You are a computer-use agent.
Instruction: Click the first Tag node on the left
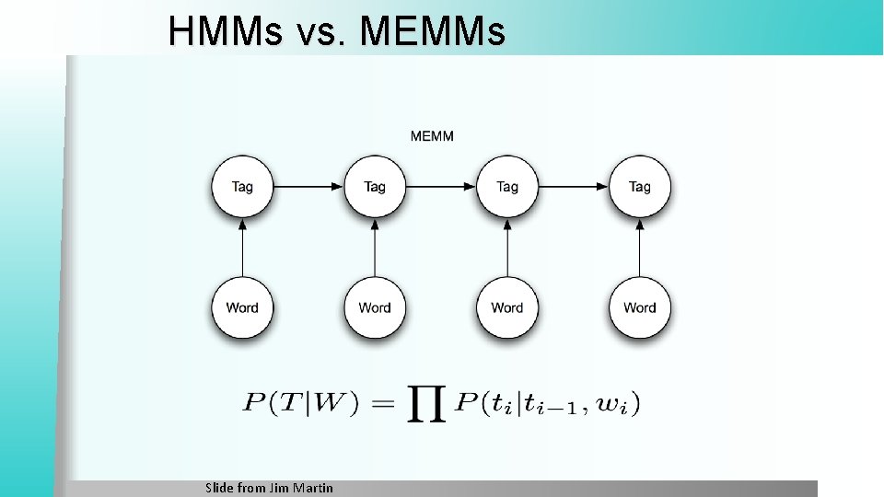point(242,187)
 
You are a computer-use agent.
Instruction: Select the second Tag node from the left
point(375,187)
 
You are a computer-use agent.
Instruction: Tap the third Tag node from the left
point(507,187)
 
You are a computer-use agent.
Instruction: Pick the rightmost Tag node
point(640,187)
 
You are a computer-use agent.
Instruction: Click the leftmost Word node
point(242,307)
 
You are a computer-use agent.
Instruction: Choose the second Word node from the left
point(375,307)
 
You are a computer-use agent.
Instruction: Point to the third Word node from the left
point(507,307)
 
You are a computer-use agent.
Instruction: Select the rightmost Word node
point(640,307)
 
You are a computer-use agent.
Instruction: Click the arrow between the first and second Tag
point(308,187)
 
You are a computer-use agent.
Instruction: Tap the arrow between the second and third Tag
point(441,187)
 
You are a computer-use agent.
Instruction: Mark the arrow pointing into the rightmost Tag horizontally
point(574,187)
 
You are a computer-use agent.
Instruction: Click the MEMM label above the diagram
point(432,136)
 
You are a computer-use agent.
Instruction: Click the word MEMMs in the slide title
point(433,33)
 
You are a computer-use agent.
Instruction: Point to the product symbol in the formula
point(426,405)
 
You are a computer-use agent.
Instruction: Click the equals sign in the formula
point(383,403)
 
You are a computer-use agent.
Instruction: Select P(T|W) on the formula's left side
point(301,403)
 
